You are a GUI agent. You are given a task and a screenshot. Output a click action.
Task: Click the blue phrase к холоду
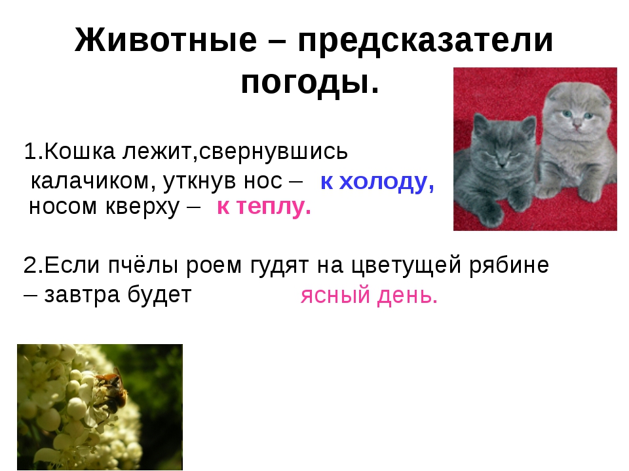pyautogui.click(x=377, y=183)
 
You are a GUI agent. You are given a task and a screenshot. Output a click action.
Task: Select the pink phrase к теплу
pyautogui.click(x=263, y=207)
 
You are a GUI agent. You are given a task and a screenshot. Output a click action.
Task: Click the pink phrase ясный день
pyautogui.click(x=369, y=297)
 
